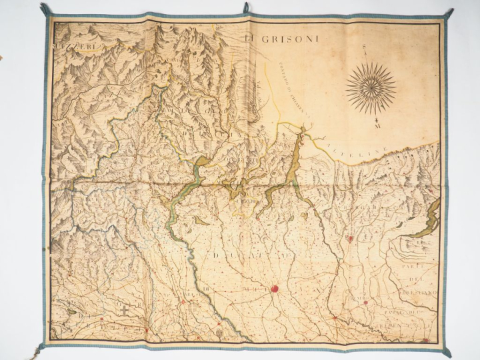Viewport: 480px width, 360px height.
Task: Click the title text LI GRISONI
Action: point(281,39)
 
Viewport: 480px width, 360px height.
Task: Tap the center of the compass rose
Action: point(371,87)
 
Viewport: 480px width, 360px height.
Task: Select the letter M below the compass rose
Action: point(377,125)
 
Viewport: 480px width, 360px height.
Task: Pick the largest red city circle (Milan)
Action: point(274,289)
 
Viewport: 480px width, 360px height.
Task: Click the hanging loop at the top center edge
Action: point(245,8)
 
